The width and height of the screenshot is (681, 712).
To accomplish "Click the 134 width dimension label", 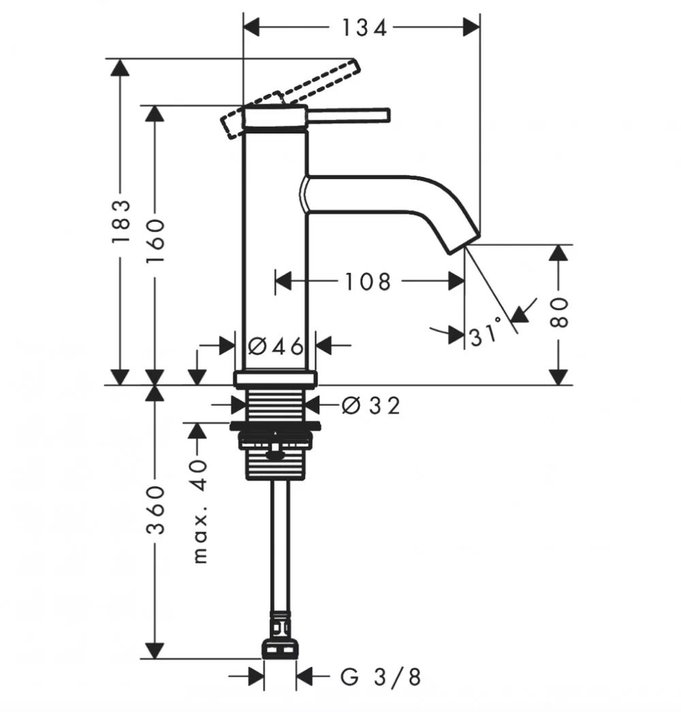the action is [364, 28].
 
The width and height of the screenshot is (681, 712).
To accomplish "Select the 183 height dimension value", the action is [121, 221].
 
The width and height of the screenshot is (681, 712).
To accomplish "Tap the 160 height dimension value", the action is [155, 241].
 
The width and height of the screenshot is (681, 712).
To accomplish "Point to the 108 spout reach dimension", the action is [368, 282].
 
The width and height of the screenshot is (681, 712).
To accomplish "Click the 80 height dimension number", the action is [559, 312].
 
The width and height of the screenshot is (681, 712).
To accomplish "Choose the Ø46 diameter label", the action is [275, 346].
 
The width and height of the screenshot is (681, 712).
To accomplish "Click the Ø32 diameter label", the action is [370, 406].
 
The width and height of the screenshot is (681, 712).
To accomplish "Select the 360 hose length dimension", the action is [155, 509].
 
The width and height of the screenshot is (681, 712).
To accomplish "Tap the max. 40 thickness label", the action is [200, 512].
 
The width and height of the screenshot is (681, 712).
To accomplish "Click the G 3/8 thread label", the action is [381, 677].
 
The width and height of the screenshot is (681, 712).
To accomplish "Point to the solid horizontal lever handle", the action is [348, 115].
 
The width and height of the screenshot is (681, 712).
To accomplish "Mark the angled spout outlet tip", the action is [464, 245].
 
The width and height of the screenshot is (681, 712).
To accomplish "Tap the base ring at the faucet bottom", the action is [275, 378].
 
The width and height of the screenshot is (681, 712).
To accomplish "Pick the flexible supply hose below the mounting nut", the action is [280, 545].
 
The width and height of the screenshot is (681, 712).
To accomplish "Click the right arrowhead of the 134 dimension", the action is [471, 27].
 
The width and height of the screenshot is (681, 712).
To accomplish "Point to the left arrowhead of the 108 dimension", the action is [283, 281].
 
